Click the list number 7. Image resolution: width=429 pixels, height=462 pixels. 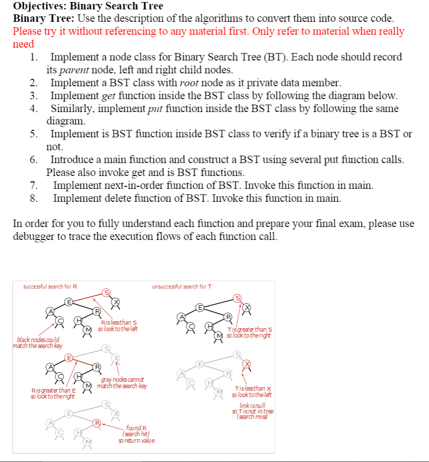tap(34, 186)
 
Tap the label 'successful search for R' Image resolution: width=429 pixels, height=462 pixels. tap(51, 287)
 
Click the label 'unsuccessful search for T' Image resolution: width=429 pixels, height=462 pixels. tap(182, 287)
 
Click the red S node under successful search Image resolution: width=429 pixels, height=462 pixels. tap(106, 292)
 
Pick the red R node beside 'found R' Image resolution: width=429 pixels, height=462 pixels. tap(98, 423)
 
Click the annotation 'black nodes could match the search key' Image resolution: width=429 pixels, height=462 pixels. tap(34, 342)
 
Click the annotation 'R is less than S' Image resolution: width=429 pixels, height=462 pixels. tap(118, 326)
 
